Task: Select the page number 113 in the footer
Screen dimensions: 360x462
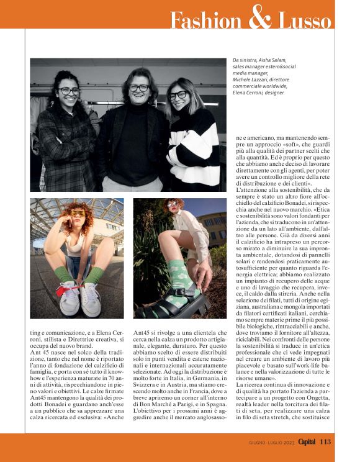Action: (x=326, y=442)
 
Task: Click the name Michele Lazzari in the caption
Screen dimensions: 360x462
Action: (x=247, y=80)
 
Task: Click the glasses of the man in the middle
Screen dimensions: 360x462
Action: (x=138, y=88)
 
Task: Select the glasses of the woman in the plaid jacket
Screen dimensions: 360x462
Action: (x=69, y=91)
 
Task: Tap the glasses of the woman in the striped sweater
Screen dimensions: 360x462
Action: (x=178, y=95)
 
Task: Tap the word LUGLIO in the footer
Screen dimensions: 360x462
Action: (x=269, y=442)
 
